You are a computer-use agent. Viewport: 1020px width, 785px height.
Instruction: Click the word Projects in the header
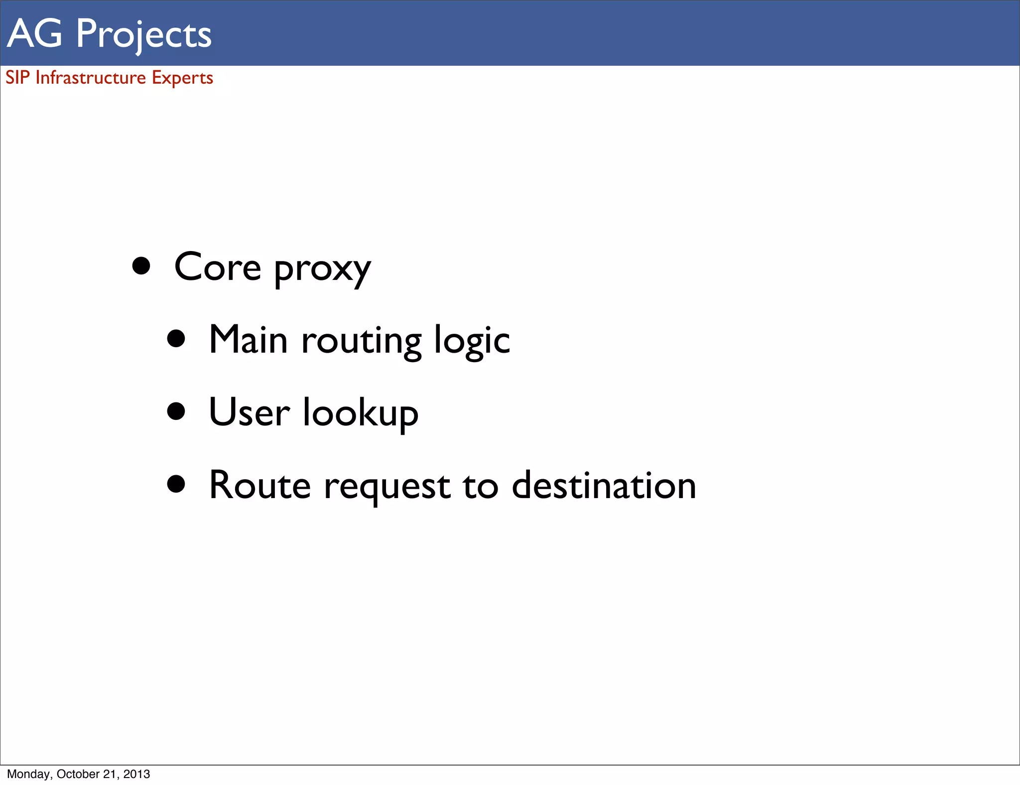(x=143, y=34)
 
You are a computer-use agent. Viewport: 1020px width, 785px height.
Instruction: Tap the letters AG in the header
(x=35, y=33)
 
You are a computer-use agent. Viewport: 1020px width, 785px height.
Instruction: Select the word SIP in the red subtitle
(x=17, y=78)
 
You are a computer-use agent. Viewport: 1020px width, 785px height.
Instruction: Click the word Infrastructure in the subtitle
(x=91, y=78)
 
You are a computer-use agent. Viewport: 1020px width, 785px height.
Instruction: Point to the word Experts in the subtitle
(x=182, y=78)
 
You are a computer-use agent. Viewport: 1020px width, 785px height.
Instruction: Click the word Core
(x=217, y=267)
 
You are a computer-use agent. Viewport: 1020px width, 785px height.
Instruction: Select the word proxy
(x=322, y=269)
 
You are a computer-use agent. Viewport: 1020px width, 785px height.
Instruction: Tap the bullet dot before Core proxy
(x=141, y=266)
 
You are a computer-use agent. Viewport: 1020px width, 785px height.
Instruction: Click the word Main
(x=248, y=340)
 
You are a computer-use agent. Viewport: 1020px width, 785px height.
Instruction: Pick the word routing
(x=362, y=342)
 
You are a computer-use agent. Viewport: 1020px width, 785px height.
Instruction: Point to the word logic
(x=472, y=342)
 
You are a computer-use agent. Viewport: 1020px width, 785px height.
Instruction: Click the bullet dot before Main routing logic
(x=176, y=339)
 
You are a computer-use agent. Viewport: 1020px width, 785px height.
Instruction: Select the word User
(x=249, y=412)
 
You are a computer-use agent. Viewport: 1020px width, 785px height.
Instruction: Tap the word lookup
(x=361, y=413)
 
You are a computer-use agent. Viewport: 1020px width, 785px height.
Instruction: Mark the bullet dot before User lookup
(x=176, y=412)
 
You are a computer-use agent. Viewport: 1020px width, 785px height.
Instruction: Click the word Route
(x=259, y=485)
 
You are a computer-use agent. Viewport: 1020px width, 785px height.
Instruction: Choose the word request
(x=387, y=487)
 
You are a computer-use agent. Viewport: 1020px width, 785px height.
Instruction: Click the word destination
(x=604, y=485)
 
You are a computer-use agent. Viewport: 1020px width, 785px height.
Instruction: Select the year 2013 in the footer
(x=137, y=774)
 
